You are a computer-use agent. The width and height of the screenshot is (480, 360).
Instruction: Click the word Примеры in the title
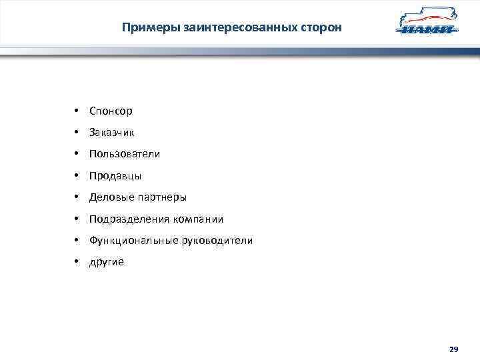click(x=144, y=28)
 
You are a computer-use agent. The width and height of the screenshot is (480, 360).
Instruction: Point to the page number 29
click(x=453, y=349)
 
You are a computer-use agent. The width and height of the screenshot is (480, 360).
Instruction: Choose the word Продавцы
click(x=115, y=176)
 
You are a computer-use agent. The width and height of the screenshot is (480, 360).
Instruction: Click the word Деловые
click(x=111, y=197)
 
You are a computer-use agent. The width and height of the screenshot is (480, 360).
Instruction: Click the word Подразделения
click(x=129, y=219)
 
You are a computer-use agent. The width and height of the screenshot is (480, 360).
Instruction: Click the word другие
click(x=107, y=263)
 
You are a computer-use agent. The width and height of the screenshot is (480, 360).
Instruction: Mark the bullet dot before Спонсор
click(x=77, y=110)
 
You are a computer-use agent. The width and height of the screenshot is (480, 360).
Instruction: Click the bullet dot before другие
click(x=77, y=261)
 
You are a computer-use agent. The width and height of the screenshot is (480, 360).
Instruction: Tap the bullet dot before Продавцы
click(x=77, y=175)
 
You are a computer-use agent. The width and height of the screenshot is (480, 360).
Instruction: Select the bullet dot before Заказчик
click(x=77, y=132)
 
